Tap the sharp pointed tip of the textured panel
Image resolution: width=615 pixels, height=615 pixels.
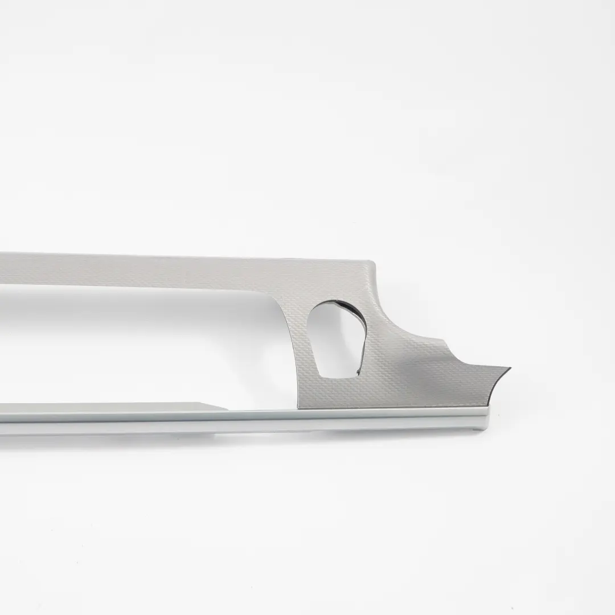(x=509, y=369)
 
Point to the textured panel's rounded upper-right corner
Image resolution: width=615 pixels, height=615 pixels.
(x=373, y=263)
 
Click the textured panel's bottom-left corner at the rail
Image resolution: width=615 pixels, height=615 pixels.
(x=298, y=407)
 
